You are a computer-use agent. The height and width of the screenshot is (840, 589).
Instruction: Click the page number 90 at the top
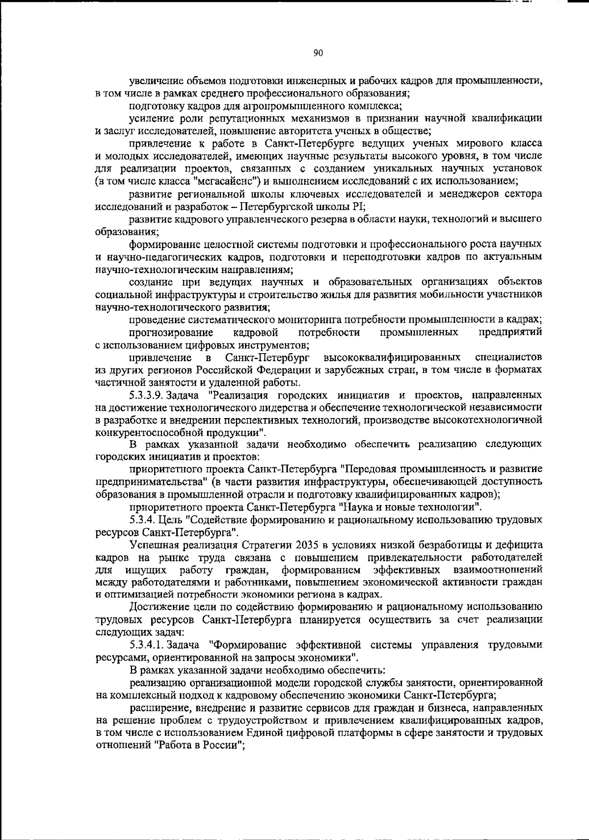(x=318, y=54)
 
